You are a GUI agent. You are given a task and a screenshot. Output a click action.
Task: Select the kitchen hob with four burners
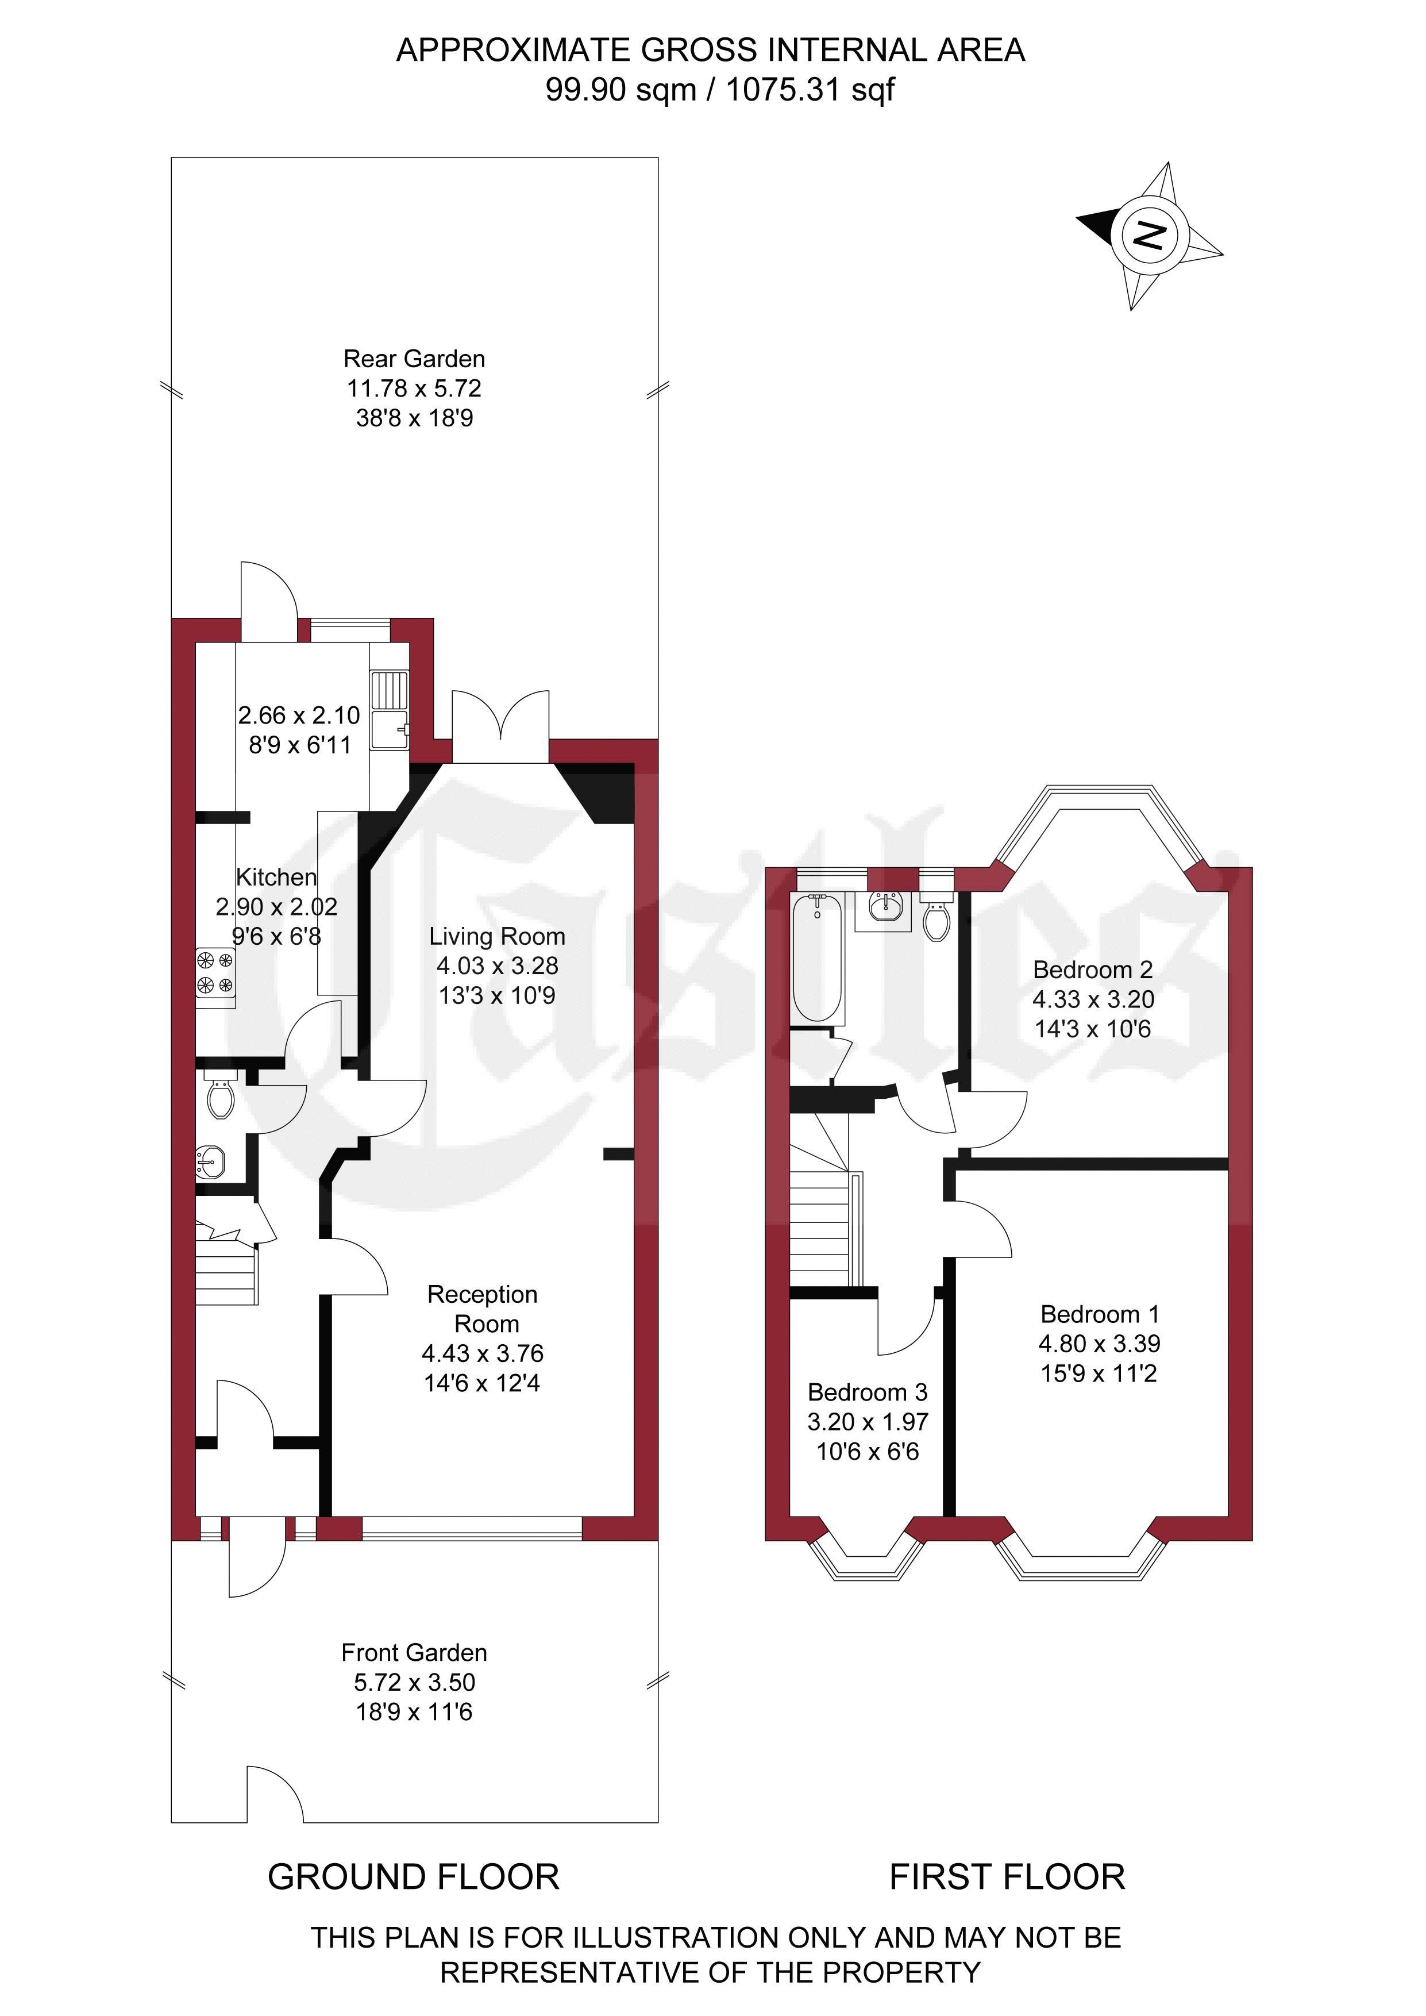click(215, 973)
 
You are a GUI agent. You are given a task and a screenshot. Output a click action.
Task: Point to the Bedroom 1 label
click(1099, 1314)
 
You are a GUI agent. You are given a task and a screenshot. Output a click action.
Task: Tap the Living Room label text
click(497, 936)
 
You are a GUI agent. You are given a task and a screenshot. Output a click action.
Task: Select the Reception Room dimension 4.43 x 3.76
click(483, 1353)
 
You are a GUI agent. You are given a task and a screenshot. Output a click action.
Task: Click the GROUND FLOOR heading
click(414, 1876)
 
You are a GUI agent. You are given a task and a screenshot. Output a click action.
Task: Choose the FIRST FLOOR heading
click(1007, 1876)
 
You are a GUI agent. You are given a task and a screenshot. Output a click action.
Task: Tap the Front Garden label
click(414, 1652)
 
